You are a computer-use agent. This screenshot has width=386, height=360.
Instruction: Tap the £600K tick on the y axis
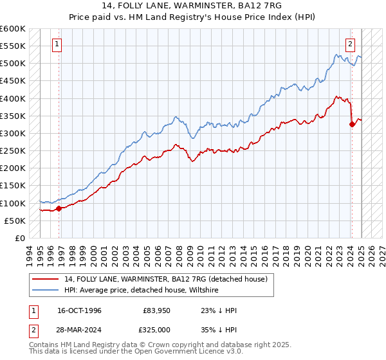coord(12,29)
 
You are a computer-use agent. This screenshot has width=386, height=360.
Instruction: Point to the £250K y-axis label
coord(12,150)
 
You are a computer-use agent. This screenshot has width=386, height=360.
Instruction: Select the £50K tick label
coord(15,221)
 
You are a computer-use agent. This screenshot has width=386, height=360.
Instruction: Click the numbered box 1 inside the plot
coord(57,44)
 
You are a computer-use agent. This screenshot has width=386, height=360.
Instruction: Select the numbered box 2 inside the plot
coord(350,44)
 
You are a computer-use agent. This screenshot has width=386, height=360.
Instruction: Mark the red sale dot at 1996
coord(59,208)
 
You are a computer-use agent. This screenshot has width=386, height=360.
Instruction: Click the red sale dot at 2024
coord(352,124)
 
